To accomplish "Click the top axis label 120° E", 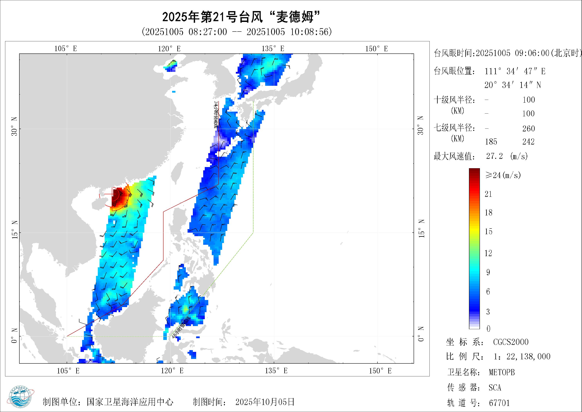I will point(169,49).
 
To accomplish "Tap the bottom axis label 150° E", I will point(380,371).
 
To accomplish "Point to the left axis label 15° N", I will point(15,229).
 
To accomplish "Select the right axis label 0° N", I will point(421,334).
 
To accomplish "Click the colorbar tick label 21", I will point(488,194).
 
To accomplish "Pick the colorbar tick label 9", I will point(488,272).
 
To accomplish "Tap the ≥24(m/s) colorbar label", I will point(503,175).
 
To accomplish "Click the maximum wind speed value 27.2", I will point(494,156).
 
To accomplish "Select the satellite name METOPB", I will point(502,372).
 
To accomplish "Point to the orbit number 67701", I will point(499,403).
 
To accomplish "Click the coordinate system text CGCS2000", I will point(511,342).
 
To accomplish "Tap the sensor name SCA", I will point(495,388).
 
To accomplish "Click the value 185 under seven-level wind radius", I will point(491,142).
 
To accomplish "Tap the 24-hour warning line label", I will point(216,115).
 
